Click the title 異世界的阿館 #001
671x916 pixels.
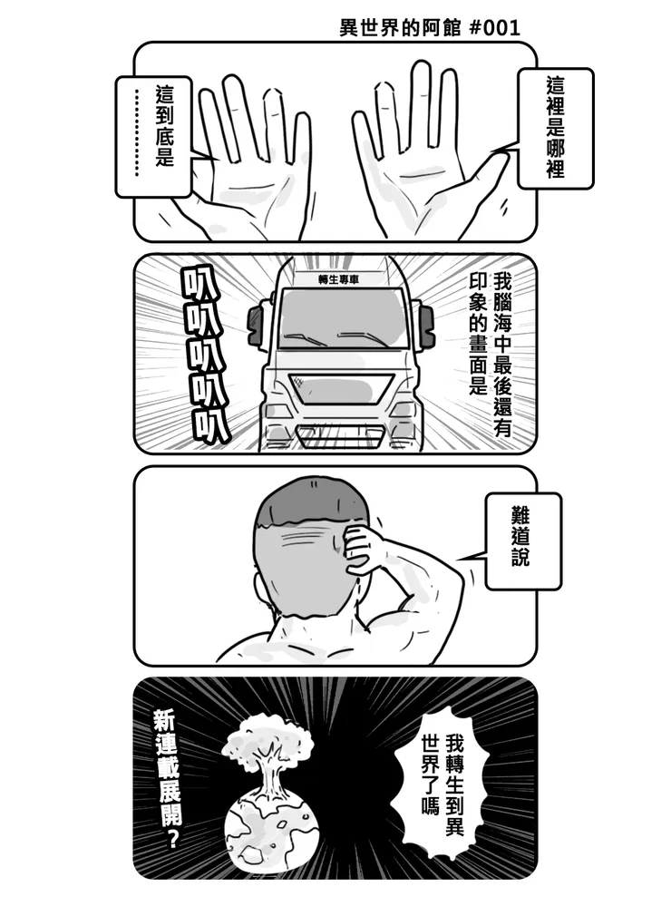pos(429,27)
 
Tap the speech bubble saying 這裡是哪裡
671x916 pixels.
pos(555,127)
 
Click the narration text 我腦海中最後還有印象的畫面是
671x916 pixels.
pos(490,354)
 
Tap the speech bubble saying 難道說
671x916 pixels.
pos(522,541)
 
